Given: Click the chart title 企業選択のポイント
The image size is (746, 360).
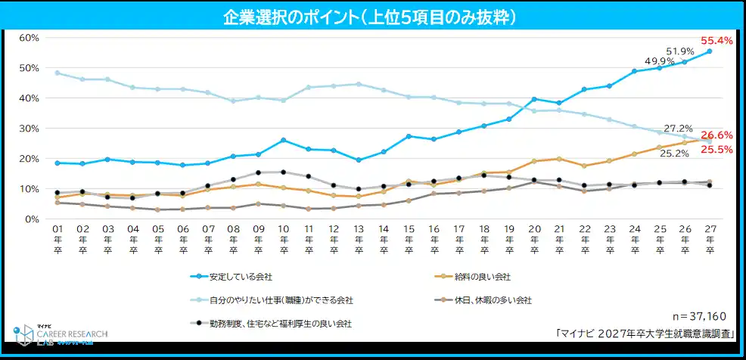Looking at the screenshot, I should (x=372, y=16).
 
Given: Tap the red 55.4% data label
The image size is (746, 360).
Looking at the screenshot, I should (x=716, y=41).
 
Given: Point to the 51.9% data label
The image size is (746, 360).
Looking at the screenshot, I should (x=679, y=51).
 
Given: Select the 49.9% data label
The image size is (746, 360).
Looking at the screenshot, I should (x=659, y=61).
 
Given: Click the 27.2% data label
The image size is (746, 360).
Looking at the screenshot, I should (x=678, y=129).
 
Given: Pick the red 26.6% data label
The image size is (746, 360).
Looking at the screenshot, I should (x=716, y=135).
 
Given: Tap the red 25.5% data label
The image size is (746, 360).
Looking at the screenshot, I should (x=716, y=150).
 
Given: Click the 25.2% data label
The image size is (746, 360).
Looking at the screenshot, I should (x=673, y=154).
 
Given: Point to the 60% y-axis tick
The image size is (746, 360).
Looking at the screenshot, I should (x=30, y=38).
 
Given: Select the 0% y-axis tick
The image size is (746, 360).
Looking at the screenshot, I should (x=33, y=219).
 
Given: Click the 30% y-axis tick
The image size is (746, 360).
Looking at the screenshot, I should (x=30, y=129).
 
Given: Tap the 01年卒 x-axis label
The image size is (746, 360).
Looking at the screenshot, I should (x=58, y=239).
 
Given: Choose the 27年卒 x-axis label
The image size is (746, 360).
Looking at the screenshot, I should (x=709, y=239).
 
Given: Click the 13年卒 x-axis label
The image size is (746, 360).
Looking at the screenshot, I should (x=359, y=239).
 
